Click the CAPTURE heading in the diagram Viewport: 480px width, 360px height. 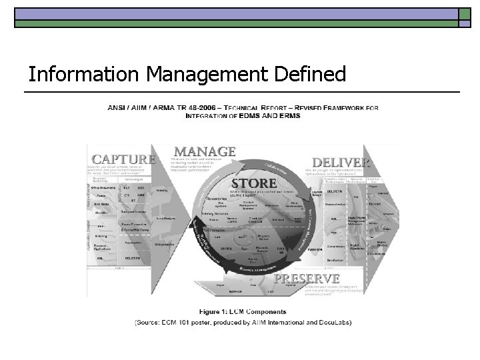point(124,159)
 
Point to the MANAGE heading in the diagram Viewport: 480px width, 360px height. point(205,151)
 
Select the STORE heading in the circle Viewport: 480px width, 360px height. point(254,182)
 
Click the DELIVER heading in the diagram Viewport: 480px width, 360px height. point(340,162)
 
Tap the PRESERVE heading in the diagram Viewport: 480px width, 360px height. point(307,278)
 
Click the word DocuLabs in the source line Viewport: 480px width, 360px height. point(332,323)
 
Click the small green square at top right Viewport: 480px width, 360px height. point(465,14)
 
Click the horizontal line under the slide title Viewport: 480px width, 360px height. point(243,91)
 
